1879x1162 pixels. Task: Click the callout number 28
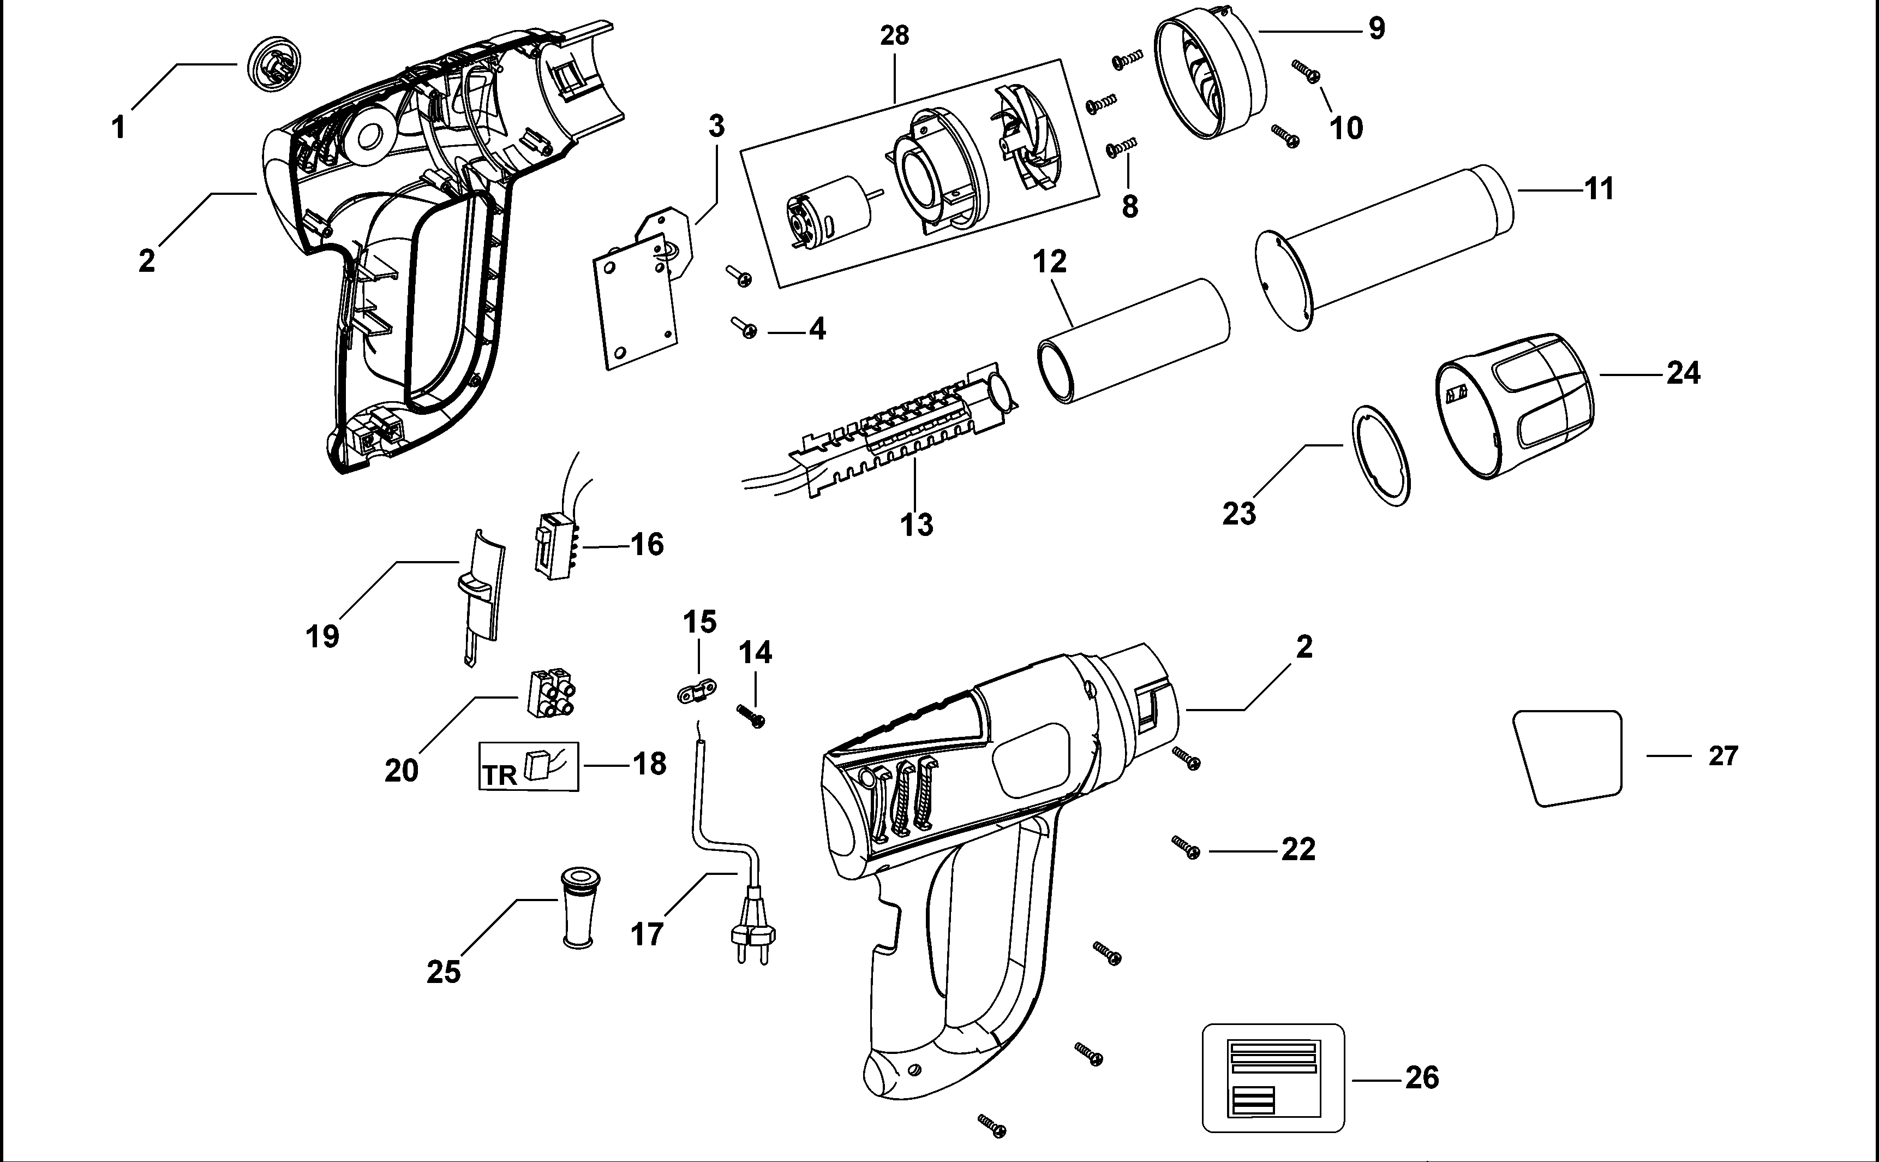point(894,35)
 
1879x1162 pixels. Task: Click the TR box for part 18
point(529,766)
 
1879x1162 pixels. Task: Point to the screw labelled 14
point(751,716)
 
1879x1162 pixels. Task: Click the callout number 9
point(1377,28)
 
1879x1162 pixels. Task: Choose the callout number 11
point(1599,189)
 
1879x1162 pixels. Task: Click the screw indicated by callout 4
point(745,327)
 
